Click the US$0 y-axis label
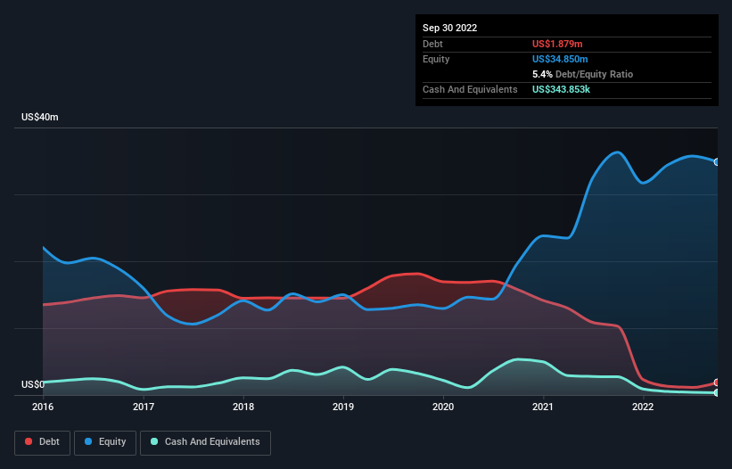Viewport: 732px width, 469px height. (33, 385)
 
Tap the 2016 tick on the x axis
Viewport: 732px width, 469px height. (43, 407)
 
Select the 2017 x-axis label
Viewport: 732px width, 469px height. (143, 407)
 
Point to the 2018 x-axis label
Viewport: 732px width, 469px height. (243, 407)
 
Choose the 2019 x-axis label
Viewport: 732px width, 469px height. (342, 407)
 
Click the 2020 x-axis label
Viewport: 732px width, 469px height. (442, 407)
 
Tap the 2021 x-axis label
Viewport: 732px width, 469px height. (542, 407)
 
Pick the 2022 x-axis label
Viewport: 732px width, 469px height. (642, 407)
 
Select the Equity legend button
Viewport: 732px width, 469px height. (105, 442)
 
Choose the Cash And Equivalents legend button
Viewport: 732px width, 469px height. (205, 442)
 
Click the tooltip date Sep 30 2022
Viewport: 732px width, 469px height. (449, 28)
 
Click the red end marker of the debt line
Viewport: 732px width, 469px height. (716, 383)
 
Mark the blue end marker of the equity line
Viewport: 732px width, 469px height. (716, 162)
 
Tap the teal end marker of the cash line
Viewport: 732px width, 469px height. (716, 392)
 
